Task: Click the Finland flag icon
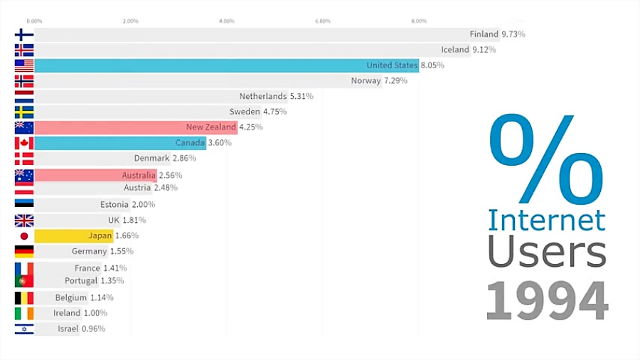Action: click(23, 34)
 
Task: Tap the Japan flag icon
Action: click(23, 235)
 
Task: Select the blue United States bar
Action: click(213, 65)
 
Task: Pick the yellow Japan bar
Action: click(71, 235)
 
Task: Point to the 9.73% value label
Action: click(513, 34)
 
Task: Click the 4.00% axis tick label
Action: click(227, 21)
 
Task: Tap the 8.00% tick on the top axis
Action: click(419, 21)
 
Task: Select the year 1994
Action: click(547, 300)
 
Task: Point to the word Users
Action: click(546, 253)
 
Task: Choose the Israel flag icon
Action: click(23, 329)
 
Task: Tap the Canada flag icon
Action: click(23, 143)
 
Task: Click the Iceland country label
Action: click(455, 50)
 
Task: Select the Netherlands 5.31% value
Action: click(301, 96)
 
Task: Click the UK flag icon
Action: click(23, 220)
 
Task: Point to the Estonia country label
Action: click(114, 204)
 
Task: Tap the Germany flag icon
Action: click(23, 251)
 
